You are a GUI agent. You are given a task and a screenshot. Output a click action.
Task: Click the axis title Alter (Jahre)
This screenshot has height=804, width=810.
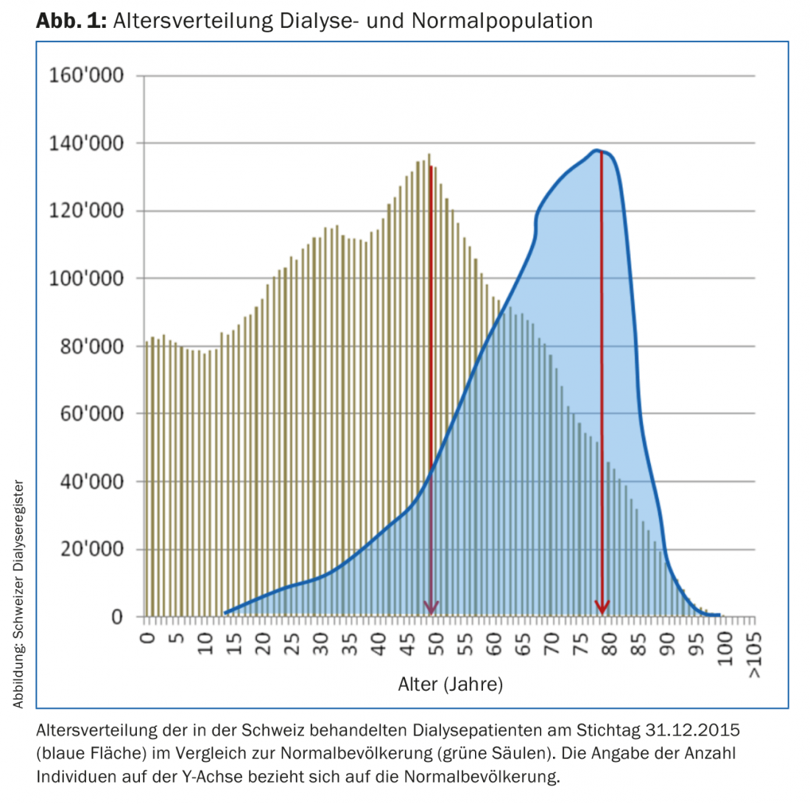[x=450, y=685]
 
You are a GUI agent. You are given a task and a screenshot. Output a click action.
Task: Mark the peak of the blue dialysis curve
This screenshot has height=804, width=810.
[x=596, y=151]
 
